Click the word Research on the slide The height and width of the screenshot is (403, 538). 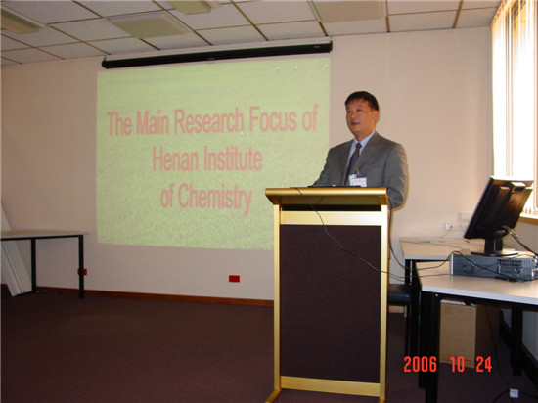click(208, 120)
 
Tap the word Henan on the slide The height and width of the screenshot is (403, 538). click(175, 158)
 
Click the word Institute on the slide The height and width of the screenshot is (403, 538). click(234, 158)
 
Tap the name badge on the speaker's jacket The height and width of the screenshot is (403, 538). click(358, 180)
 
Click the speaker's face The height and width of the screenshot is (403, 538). click(361, 117)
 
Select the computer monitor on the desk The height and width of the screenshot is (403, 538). click(497, 216)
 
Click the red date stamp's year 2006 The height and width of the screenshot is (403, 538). click(421, 364)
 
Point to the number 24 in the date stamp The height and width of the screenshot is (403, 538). click(484, 364)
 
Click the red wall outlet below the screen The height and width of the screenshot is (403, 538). click(234, 279)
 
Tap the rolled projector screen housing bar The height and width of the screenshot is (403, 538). click(217, 55)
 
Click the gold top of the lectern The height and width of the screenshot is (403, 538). click(327, 197)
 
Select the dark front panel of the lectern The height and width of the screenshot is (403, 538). click(331, 302)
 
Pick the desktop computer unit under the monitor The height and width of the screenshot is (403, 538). click(493, 266)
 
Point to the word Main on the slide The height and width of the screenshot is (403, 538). click(153, 122)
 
